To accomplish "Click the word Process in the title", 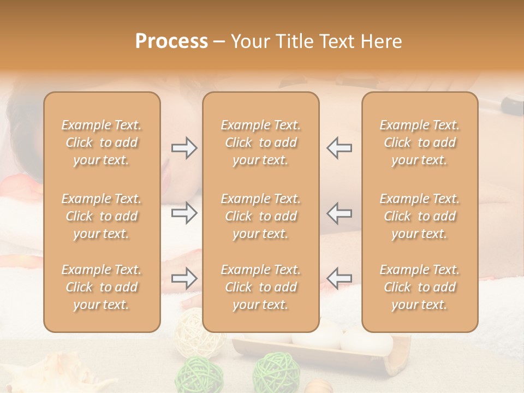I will pyautogui.click(x=171, y=41).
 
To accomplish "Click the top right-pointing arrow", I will pyautogui.click(x=184, y=148).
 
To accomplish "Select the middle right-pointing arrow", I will pyautogui.click(x=184, y=213).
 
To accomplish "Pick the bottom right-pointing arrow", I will pyautogui.click(x=184, y=278).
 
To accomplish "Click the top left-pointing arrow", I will pyautogui.click(x=339, y=148).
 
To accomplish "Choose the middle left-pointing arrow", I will pyautogui.click(x=339, y=213).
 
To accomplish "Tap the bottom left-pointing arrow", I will pyautogui.click(x=339, y=278).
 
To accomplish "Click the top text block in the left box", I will pyautogui.click(x=102, y=142).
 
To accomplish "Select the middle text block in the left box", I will pyautogui.click(x=102, y=216).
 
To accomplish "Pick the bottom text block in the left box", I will pyautogui.click(x=102, y=287).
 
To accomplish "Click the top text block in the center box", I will pyautogui.click(x=260, y=142).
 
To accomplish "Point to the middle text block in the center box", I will pyautogui.click(x=260, y=216).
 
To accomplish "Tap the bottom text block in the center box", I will pyautogui.click(x=260, y=287).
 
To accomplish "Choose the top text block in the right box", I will pyautogui.click(x=419, y=142).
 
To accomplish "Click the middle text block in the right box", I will pyautogui.click(x=419, y=216).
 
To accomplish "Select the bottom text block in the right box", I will pyautogui.click(x=419, y=287).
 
